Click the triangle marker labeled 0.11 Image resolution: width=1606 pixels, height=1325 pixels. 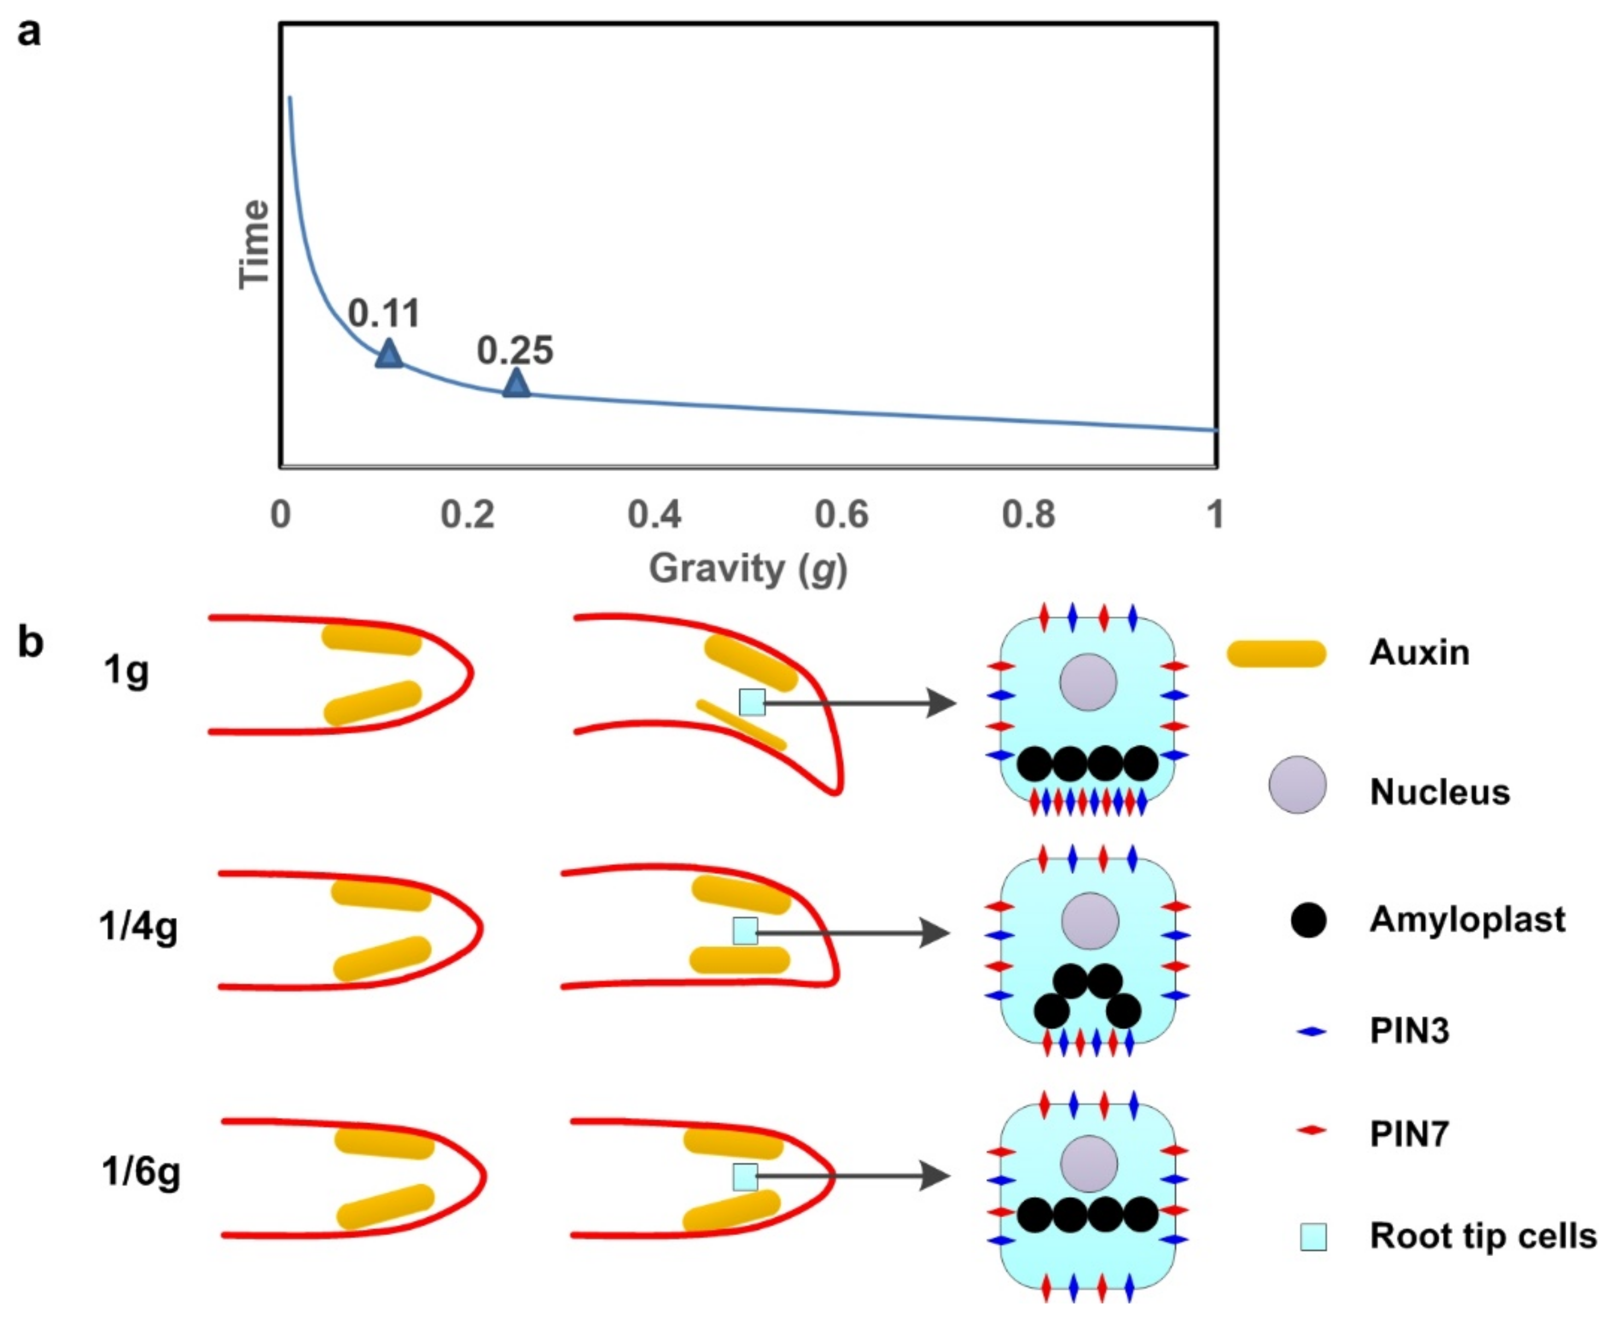pyautogui.click(x=389, y=354)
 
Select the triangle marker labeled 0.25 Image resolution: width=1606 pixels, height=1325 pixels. pyautogui.click(x=516, y=384)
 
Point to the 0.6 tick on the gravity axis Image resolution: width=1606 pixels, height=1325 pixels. pyautogui.click(x=841, y=514)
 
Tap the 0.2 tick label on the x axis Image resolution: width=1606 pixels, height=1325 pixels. pyautogui.click(x=467, y=514)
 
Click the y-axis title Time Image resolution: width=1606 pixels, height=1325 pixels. pyautogui.click(x=254, y=244)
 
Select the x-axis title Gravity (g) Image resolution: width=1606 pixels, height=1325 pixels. pyautogui.click(x=748, y=568)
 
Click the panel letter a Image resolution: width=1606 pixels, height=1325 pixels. pyautogui.click(x=29, y=33)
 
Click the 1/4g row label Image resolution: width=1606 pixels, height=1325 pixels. pyautogui.click(x=138, y=928)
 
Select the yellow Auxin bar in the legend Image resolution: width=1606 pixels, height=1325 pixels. pyautogui.click(x=1276, y=653)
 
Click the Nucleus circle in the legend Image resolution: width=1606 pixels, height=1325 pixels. pyautogui.click(x=1297, y=784)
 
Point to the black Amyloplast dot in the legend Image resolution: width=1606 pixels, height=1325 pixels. pyautogui.click(x=1308, y=920)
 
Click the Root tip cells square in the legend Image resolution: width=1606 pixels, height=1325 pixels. pyautogui.click(x=1313, y=1237)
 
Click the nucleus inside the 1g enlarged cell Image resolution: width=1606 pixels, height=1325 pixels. pyautogui.click(x=1087, y=682)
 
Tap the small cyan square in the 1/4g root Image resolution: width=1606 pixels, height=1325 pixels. pyautogui.click(x=746, y=930)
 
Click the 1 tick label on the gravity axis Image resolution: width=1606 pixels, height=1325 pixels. pyautogui.click(x=1215, y=514)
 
